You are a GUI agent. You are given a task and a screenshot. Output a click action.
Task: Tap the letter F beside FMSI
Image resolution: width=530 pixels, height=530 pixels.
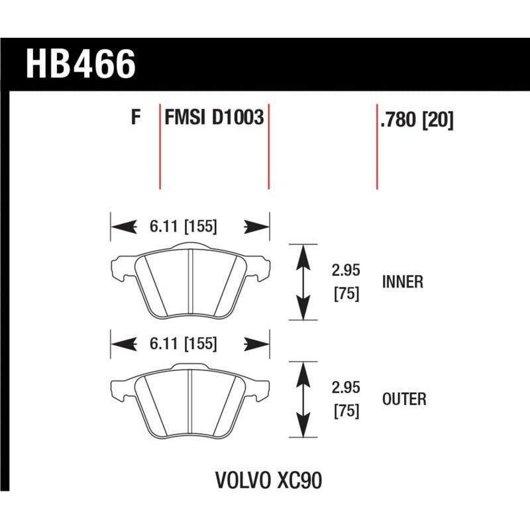[x=136, y=119]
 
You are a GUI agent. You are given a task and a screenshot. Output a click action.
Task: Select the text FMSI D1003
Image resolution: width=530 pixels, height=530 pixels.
[x=214, y=119]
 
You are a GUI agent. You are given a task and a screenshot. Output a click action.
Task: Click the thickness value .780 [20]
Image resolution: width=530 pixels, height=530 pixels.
[x=417, y=121]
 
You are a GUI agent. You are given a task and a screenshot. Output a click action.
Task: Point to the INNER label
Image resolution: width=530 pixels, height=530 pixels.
[x=402, y=282]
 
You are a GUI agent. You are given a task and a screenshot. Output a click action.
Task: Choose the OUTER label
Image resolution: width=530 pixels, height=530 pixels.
[x=404, y=399]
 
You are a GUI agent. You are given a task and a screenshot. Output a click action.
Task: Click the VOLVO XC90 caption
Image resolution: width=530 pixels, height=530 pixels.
[x=268, y=480]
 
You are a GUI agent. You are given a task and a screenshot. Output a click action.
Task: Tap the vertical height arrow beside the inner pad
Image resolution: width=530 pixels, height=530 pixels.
[x=303, y=282]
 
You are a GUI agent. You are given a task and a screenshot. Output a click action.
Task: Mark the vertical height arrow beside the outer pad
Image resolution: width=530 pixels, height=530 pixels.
[x=303, y=399]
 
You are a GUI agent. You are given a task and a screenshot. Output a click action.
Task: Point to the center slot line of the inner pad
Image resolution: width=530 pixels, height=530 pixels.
[x=190, y=282]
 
